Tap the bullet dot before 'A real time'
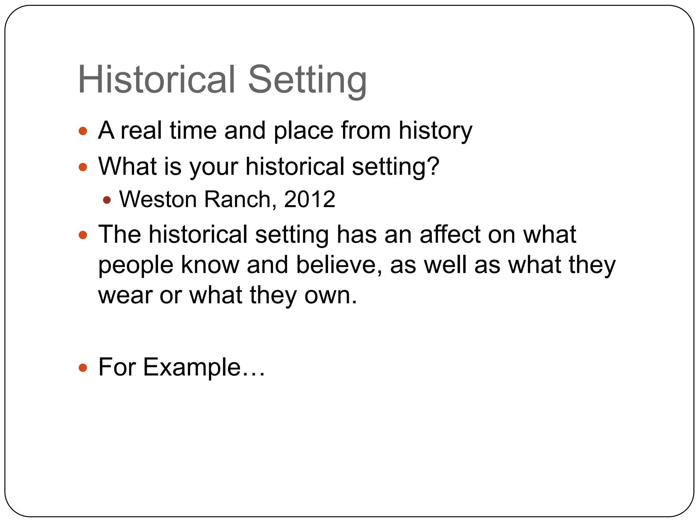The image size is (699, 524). click(83, 131)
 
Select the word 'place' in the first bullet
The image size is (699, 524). click(303, 131)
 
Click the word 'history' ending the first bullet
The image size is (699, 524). click(436, 131)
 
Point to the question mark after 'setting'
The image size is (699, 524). click(433, 166)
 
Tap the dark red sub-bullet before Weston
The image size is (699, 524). click(107, 200)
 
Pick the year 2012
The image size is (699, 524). click(309, 199)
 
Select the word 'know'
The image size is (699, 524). click(210, 265)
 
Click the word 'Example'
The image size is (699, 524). click(191, 367)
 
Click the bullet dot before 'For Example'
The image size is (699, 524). click(83, 368)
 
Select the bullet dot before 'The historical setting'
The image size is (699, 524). click(83, 235)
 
